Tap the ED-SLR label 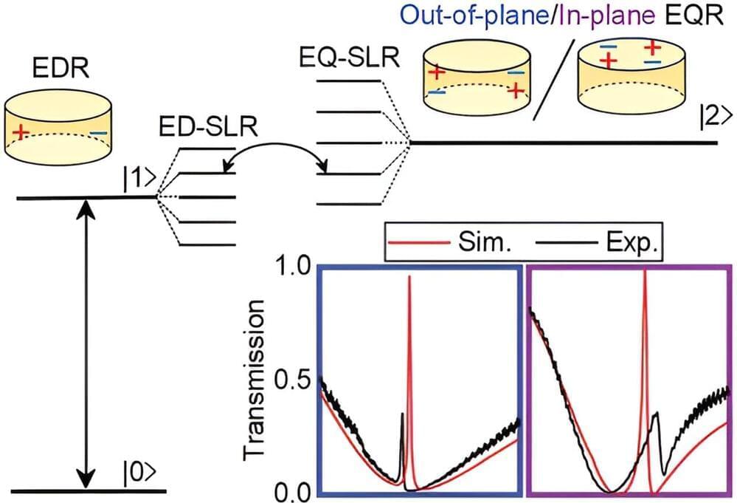[207, 128]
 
